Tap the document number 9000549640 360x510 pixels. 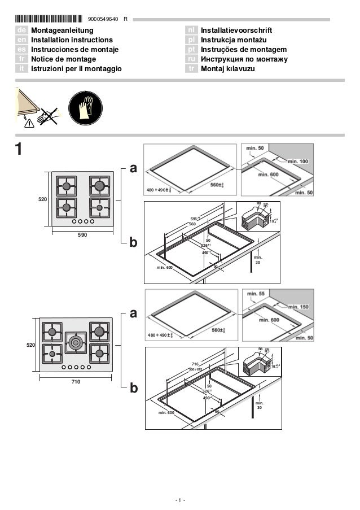point(103,19)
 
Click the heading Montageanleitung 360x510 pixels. point(62,30)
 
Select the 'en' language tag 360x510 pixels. point(21,40)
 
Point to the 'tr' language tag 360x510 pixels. point(192,68)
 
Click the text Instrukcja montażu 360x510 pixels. point(231,40)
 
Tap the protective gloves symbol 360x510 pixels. point(85,107)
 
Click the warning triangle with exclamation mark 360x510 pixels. point(29,123)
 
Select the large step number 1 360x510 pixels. point(19,150)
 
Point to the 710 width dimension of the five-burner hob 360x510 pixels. point(76,382)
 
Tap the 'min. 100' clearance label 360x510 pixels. point(297,162)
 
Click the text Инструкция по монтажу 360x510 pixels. point(245,59)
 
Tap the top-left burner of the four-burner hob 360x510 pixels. point(66,186)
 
